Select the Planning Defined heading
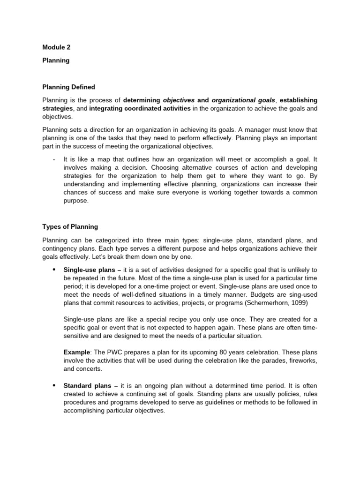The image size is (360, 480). tap(68, 87)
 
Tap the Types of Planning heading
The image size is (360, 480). tap(70, 226)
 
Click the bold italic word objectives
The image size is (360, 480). tap(179, 100)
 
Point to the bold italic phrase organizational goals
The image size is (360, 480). tap(243, 100)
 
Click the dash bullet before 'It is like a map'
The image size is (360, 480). tap(54, 159)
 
